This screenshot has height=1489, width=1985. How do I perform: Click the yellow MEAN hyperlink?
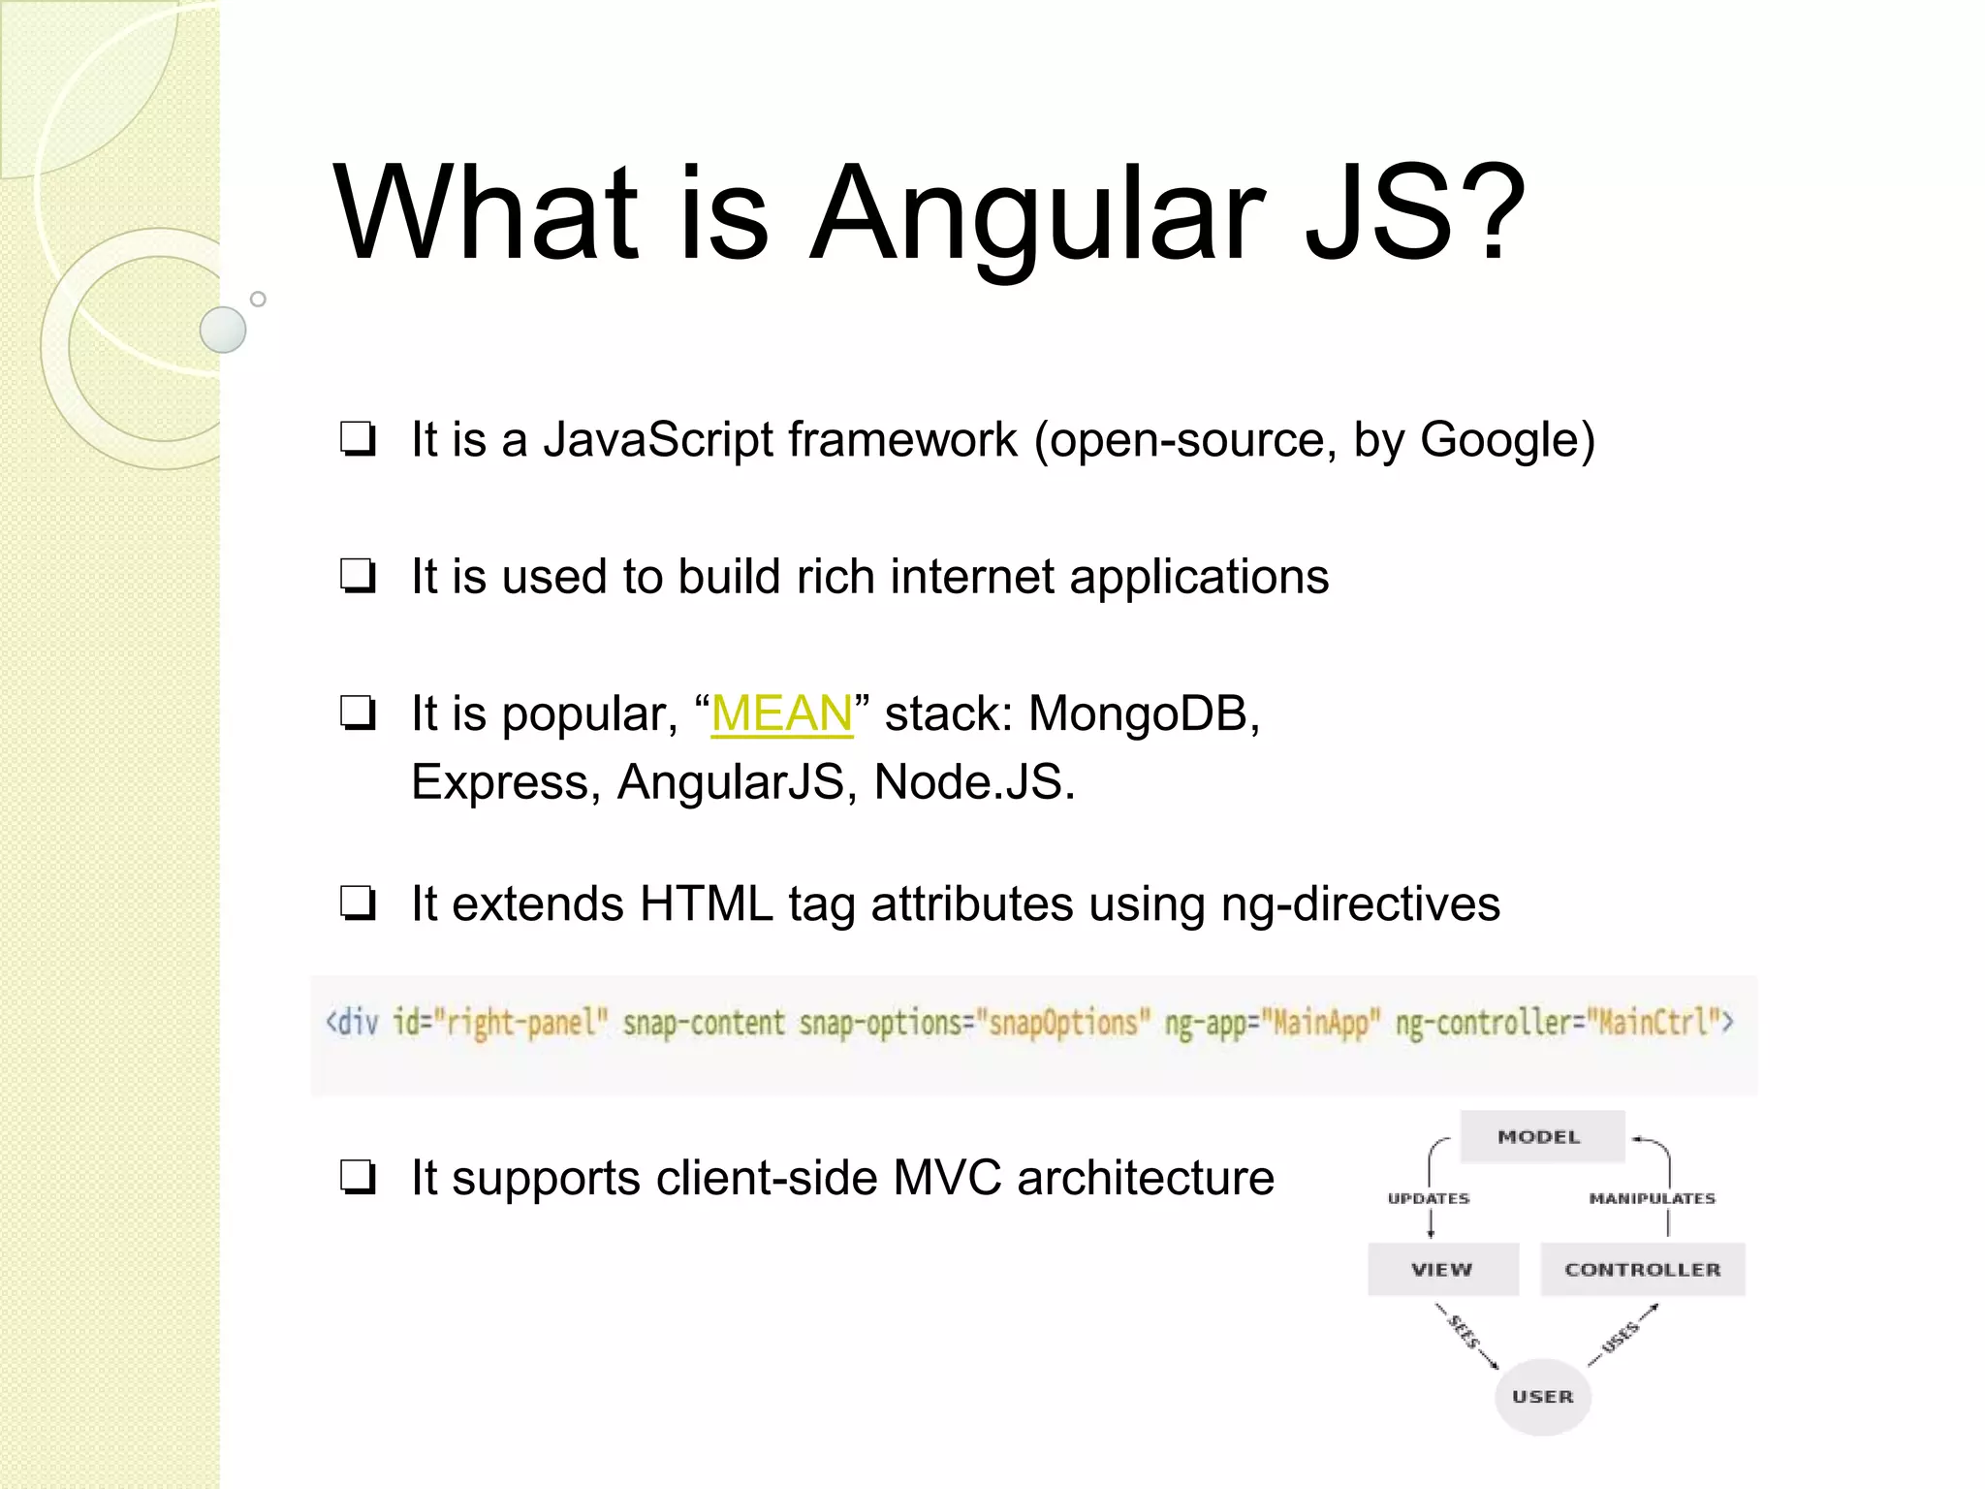point(781,714)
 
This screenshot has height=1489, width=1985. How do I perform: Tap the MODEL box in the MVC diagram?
point(1541,1137)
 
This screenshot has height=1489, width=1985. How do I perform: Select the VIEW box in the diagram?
point(1442,1270)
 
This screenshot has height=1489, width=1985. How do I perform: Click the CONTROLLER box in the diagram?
point(1643,1270)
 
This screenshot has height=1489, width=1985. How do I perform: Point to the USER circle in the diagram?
point(1543,1397)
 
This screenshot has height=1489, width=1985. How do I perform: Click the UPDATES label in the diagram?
point(1429,1199)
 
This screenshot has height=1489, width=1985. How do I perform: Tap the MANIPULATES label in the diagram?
point(1652,1199)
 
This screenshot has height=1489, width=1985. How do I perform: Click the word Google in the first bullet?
point(1499,440)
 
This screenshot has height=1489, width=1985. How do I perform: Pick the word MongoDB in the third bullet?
point(1144,714)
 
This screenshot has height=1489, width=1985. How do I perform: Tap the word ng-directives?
point(1361,904)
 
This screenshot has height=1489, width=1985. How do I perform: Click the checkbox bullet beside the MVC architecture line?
point(358,1179)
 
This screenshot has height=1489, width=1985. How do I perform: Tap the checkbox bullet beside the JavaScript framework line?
point(358,440)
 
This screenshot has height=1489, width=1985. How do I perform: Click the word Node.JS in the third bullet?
point(974,782)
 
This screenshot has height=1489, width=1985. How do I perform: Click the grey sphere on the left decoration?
point(223,330)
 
